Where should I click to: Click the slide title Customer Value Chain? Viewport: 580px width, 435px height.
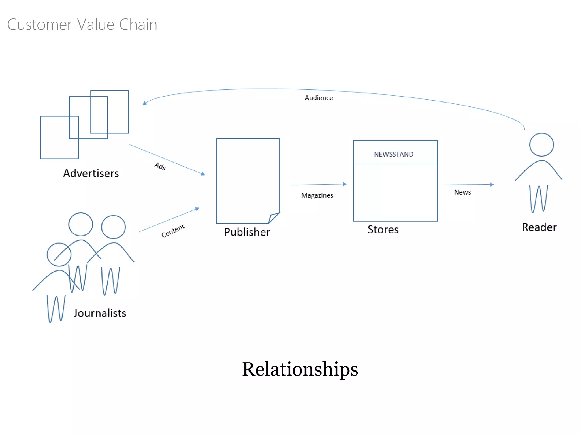point(82,24)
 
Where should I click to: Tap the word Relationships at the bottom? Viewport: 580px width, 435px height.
point(300,369)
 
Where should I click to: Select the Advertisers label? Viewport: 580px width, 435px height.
point(91,173)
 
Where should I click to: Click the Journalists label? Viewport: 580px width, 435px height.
point(100,313)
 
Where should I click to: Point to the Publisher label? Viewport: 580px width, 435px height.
point(247,232)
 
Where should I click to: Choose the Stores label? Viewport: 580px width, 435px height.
point(383,229)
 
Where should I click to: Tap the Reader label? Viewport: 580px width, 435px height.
point(539,227)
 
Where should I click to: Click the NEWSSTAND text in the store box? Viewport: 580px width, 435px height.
point(393,154)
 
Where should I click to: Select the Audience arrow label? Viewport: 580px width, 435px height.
point(319,98)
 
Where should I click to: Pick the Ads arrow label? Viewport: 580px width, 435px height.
point(160,166)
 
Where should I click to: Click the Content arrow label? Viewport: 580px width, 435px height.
point(173,231)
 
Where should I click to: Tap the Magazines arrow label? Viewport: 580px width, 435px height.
point(317,195)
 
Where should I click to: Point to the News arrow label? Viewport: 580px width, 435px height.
point(462,192)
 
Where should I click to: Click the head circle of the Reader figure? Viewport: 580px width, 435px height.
point(541,145)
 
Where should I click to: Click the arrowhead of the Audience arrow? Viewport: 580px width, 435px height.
point(145,103)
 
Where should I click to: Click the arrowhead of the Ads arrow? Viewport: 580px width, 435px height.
point(203,174)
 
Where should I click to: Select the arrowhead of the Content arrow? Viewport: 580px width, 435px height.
point(197,209)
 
